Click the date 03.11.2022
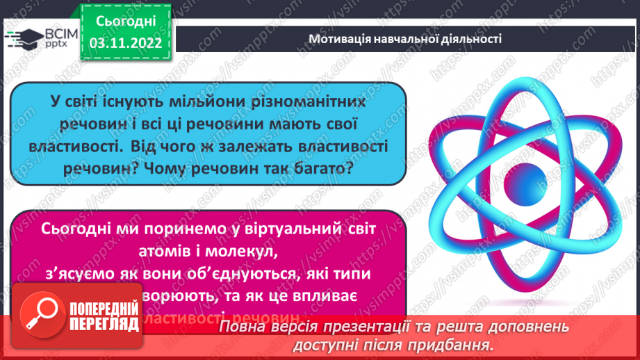click(x=127, y=43)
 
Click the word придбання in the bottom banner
click(x=457, y=345)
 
